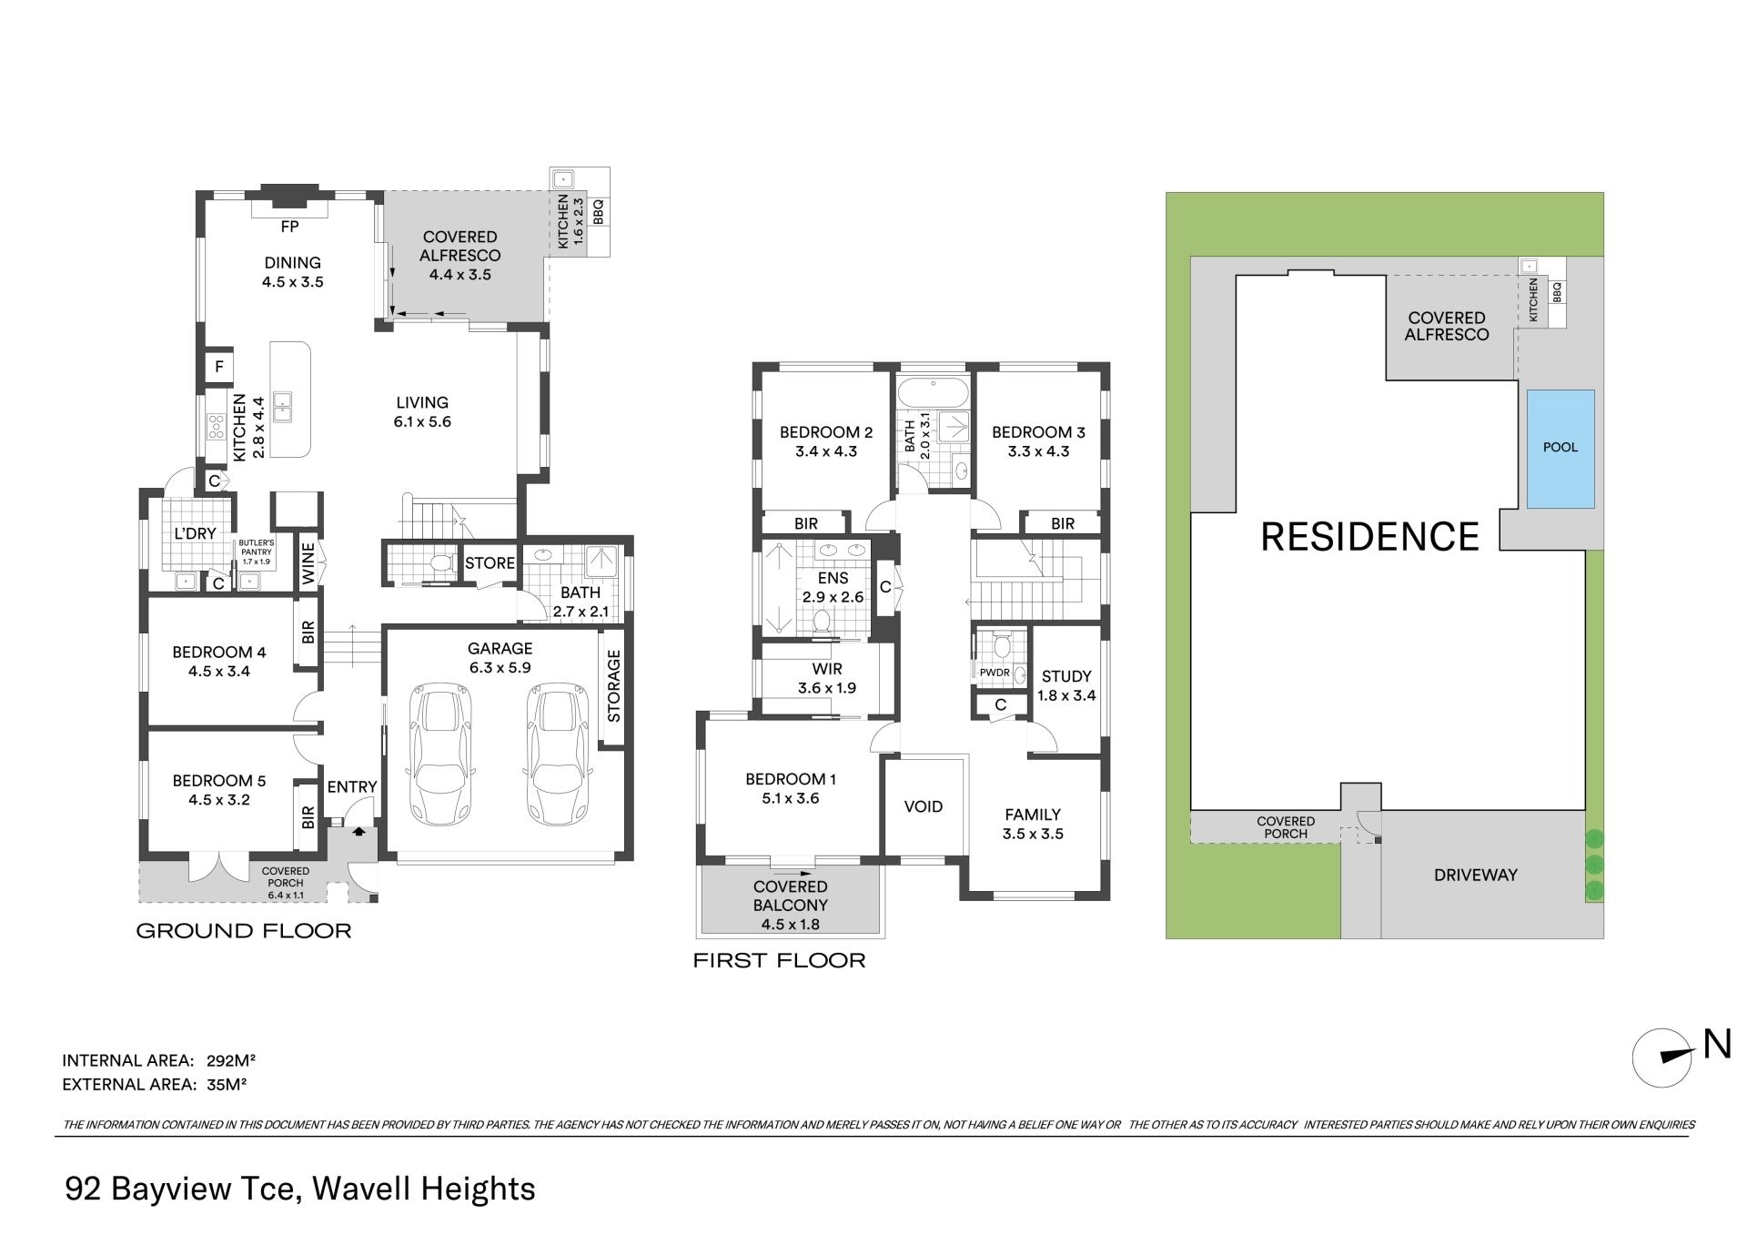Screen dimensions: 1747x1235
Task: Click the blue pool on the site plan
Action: [1560, 449]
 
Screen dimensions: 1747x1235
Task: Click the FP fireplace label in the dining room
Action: [289, 228]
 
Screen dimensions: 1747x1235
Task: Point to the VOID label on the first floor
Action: [924, 806]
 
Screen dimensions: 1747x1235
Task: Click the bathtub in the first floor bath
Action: [934, 393]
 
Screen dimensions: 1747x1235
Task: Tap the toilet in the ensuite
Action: [823, 621]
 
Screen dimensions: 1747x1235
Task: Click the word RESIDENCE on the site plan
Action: [1370, 536]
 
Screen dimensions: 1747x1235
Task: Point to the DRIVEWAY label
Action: [1476, 876]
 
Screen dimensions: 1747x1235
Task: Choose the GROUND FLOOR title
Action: [244, 931]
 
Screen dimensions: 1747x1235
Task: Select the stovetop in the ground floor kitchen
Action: [217, 426]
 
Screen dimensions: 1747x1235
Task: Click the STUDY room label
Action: [1066, 676]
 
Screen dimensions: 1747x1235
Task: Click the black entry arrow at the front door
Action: [358, 830]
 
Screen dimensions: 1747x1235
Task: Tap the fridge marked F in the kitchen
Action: [219, 368]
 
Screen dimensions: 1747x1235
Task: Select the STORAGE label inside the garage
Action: [613, 685]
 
